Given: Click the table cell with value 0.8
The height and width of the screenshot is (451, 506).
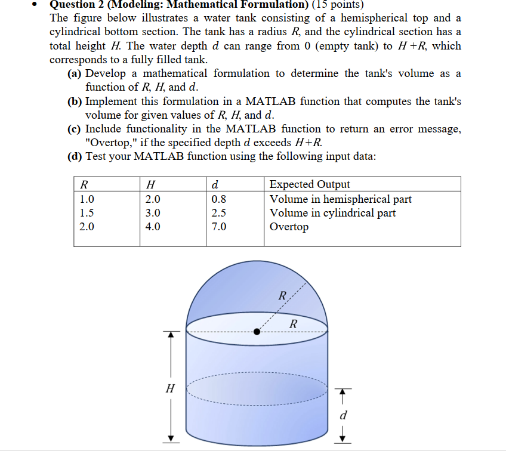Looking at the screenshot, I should (219, 199).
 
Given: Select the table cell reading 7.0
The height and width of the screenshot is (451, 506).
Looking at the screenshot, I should (219, 227).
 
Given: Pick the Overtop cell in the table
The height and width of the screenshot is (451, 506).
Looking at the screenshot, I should (289, 227).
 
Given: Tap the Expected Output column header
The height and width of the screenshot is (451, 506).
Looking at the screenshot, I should (310, 184).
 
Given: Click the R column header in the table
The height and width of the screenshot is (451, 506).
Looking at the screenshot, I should (84, 184).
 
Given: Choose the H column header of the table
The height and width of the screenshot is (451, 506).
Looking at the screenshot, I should (150, 184).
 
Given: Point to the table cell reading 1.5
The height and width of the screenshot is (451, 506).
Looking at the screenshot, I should (87, 213).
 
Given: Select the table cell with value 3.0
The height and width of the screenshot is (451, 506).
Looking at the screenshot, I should (153, 213).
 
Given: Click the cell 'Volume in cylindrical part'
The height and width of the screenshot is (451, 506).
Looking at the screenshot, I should (332, 213).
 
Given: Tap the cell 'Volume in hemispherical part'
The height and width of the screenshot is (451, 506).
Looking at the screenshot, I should (340, 199).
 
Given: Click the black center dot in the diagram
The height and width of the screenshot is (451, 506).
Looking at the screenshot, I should (257, 332).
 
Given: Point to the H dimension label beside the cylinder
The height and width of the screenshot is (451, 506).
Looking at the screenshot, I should (170, 388).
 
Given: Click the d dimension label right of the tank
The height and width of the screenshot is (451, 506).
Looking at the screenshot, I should (343, 415).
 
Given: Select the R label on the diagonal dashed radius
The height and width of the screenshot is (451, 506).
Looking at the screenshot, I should (283, 295).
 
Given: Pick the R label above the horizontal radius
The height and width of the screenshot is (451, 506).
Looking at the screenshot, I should (292, 324).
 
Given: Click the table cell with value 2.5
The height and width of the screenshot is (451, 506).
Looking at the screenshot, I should (219, 213).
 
